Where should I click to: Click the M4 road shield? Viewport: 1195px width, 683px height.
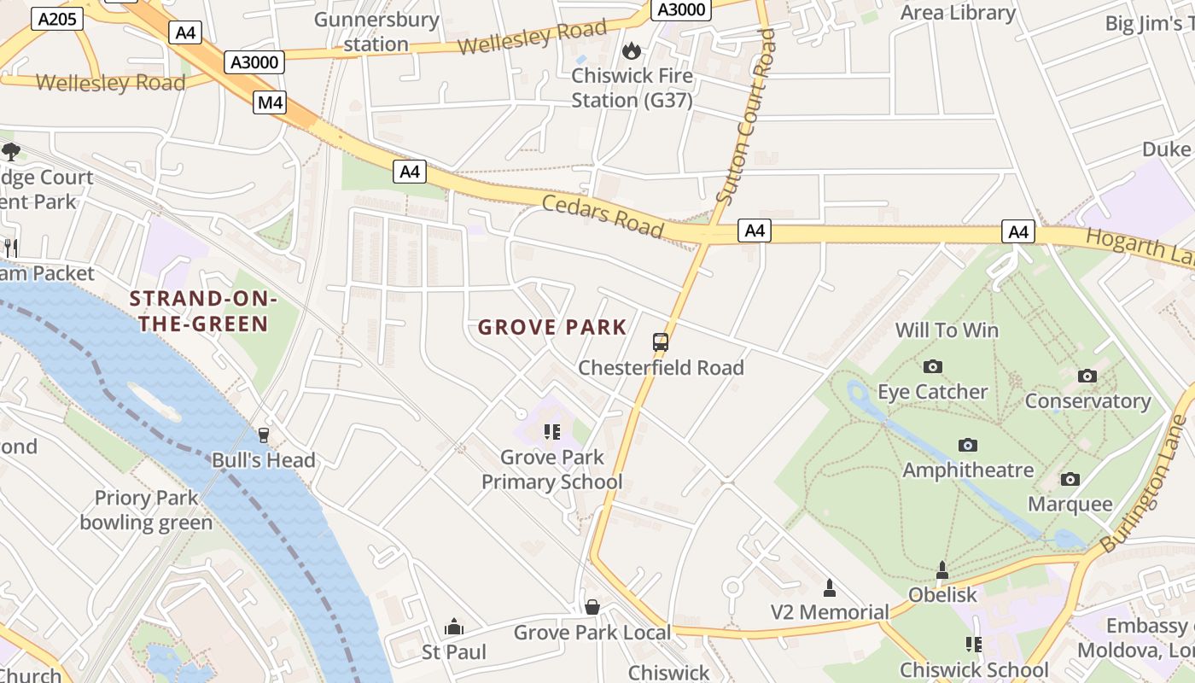coord(270,103)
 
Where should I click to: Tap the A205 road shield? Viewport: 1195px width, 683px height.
coord(50,19)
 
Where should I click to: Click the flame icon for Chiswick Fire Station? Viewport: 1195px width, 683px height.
coord(632,51)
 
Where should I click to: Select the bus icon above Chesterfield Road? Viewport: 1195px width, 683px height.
coord(661,342)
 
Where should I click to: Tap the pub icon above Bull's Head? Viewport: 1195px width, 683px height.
coord(263,435)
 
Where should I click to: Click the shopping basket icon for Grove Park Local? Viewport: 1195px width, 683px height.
coord(592,607)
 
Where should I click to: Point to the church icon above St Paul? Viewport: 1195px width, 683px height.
coord(454,628)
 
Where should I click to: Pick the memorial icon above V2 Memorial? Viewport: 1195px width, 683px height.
coord(829,587)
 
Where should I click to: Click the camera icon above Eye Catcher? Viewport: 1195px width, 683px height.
coord(932,366)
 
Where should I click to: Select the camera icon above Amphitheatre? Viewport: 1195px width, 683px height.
coord(967,445)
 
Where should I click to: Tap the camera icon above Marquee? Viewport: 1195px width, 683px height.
coord(1070,479)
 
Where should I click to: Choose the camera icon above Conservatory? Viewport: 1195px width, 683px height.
coord(1087,376)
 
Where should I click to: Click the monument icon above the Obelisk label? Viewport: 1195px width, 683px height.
coord(942,569)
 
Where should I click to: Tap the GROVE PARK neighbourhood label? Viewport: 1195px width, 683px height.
coord(552,327)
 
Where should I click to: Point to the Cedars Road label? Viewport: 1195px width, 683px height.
coord(603,214)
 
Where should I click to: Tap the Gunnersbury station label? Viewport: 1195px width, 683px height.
coord(376,32)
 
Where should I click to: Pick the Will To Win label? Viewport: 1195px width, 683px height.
coord(947,330)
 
